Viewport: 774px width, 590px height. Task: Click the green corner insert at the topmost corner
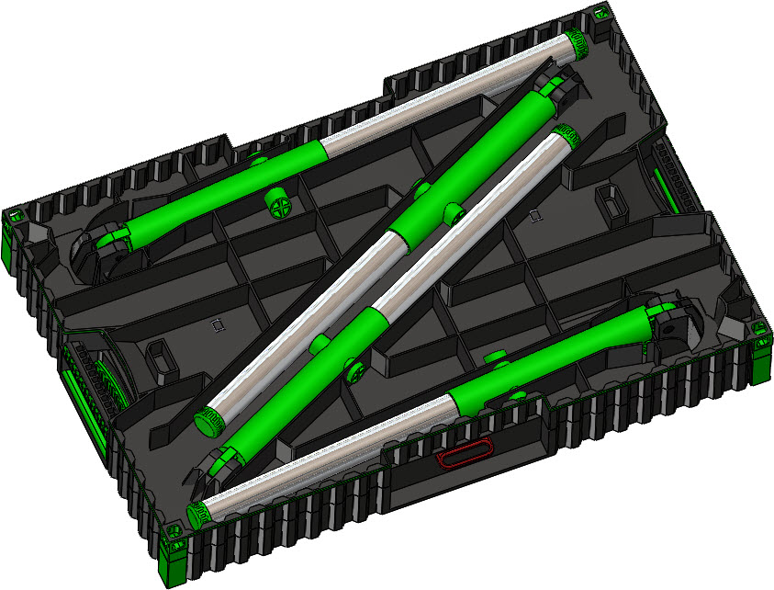click(599, 15)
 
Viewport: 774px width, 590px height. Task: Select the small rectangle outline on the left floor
click(218, 323)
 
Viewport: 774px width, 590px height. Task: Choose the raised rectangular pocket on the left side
click(162, 357)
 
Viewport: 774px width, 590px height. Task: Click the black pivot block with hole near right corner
click(676, 327)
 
